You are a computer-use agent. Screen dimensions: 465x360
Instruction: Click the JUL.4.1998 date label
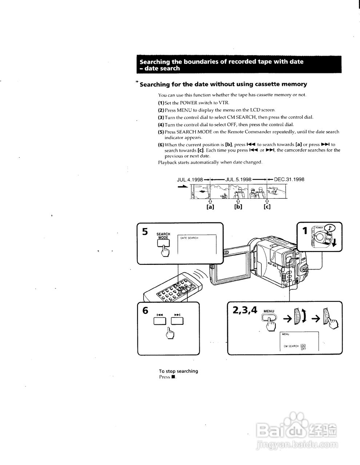(190, 179)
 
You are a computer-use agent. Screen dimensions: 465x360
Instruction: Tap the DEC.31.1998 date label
(289, 179)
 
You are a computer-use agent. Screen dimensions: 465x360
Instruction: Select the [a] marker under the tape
(210, 207)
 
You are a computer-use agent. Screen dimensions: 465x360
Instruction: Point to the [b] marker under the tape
(238, 207)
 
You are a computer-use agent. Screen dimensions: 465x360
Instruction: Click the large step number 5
(145, 232)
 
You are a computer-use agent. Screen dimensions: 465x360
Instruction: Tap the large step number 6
(145, 311)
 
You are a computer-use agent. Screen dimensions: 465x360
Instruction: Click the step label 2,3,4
(245, 310)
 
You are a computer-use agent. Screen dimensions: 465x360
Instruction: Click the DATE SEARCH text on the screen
(189, 238)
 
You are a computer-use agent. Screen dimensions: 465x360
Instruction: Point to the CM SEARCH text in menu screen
(291, 346)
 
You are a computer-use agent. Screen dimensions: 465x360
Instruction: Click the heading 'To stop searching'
(178, 371)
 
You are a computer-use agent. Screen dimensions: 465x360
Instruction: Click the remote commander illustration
(171, 291)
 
